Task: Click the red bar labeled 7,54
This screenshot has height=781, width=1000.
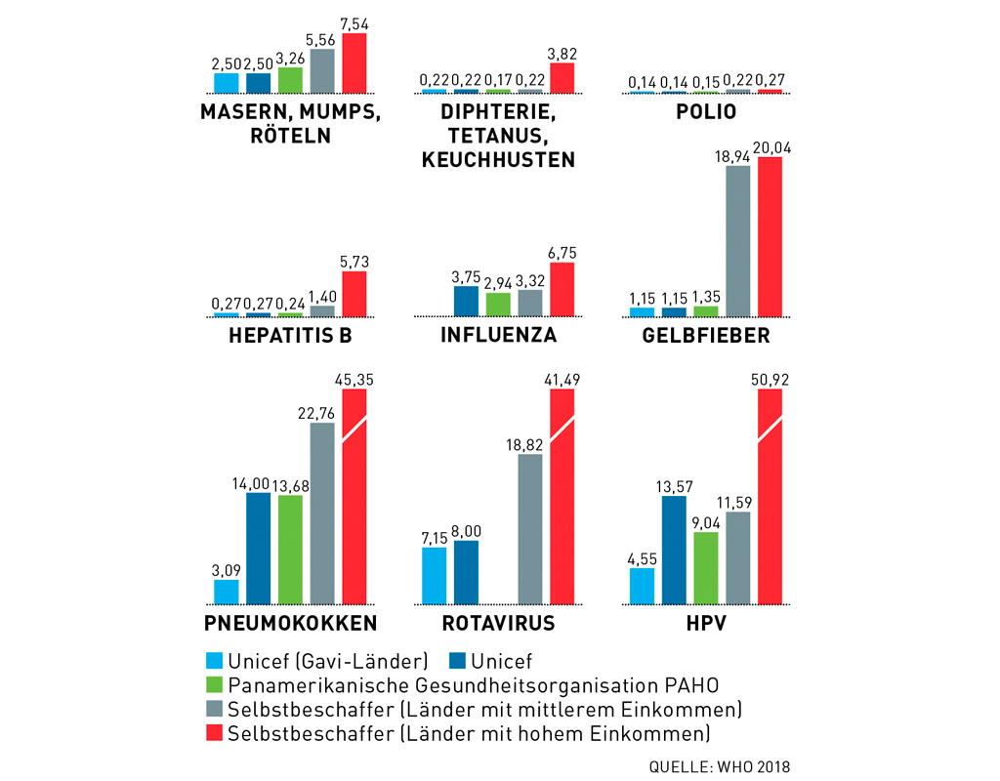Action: (354, 63)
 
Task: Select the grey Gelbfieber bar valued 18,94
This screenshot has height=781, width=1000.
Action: (739, 241)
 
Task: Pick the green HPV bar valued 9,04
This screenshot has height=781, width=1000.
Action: (706, 568)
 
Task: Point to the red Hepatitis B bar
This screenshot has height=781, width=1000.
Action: (354, 294)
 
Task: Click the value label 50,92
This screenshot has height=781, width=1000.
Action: (771, 378)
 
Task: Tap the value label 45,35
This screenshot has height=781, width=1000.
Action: (354, 378)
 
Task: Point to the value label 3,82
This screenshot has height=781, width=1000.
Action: (562, 53)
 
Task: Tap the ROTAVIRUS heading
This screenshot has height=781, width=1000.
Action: (498, 624)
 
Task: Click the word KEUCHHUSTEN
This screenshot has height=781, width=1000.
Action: (498, 159)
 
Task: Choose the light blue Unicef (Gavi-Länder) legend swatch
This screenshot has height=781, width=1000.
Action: (215, 661)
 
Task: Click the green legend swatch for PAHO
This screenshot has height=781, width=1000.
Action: (215, 684)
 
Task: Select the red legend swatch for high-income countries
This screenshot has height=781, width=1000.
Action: (215, 731)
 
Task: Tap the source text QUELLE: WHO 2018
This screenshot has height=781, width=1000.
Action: (719, 765)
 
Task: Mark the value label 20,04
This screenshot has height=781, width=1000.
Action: (771, 145)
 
